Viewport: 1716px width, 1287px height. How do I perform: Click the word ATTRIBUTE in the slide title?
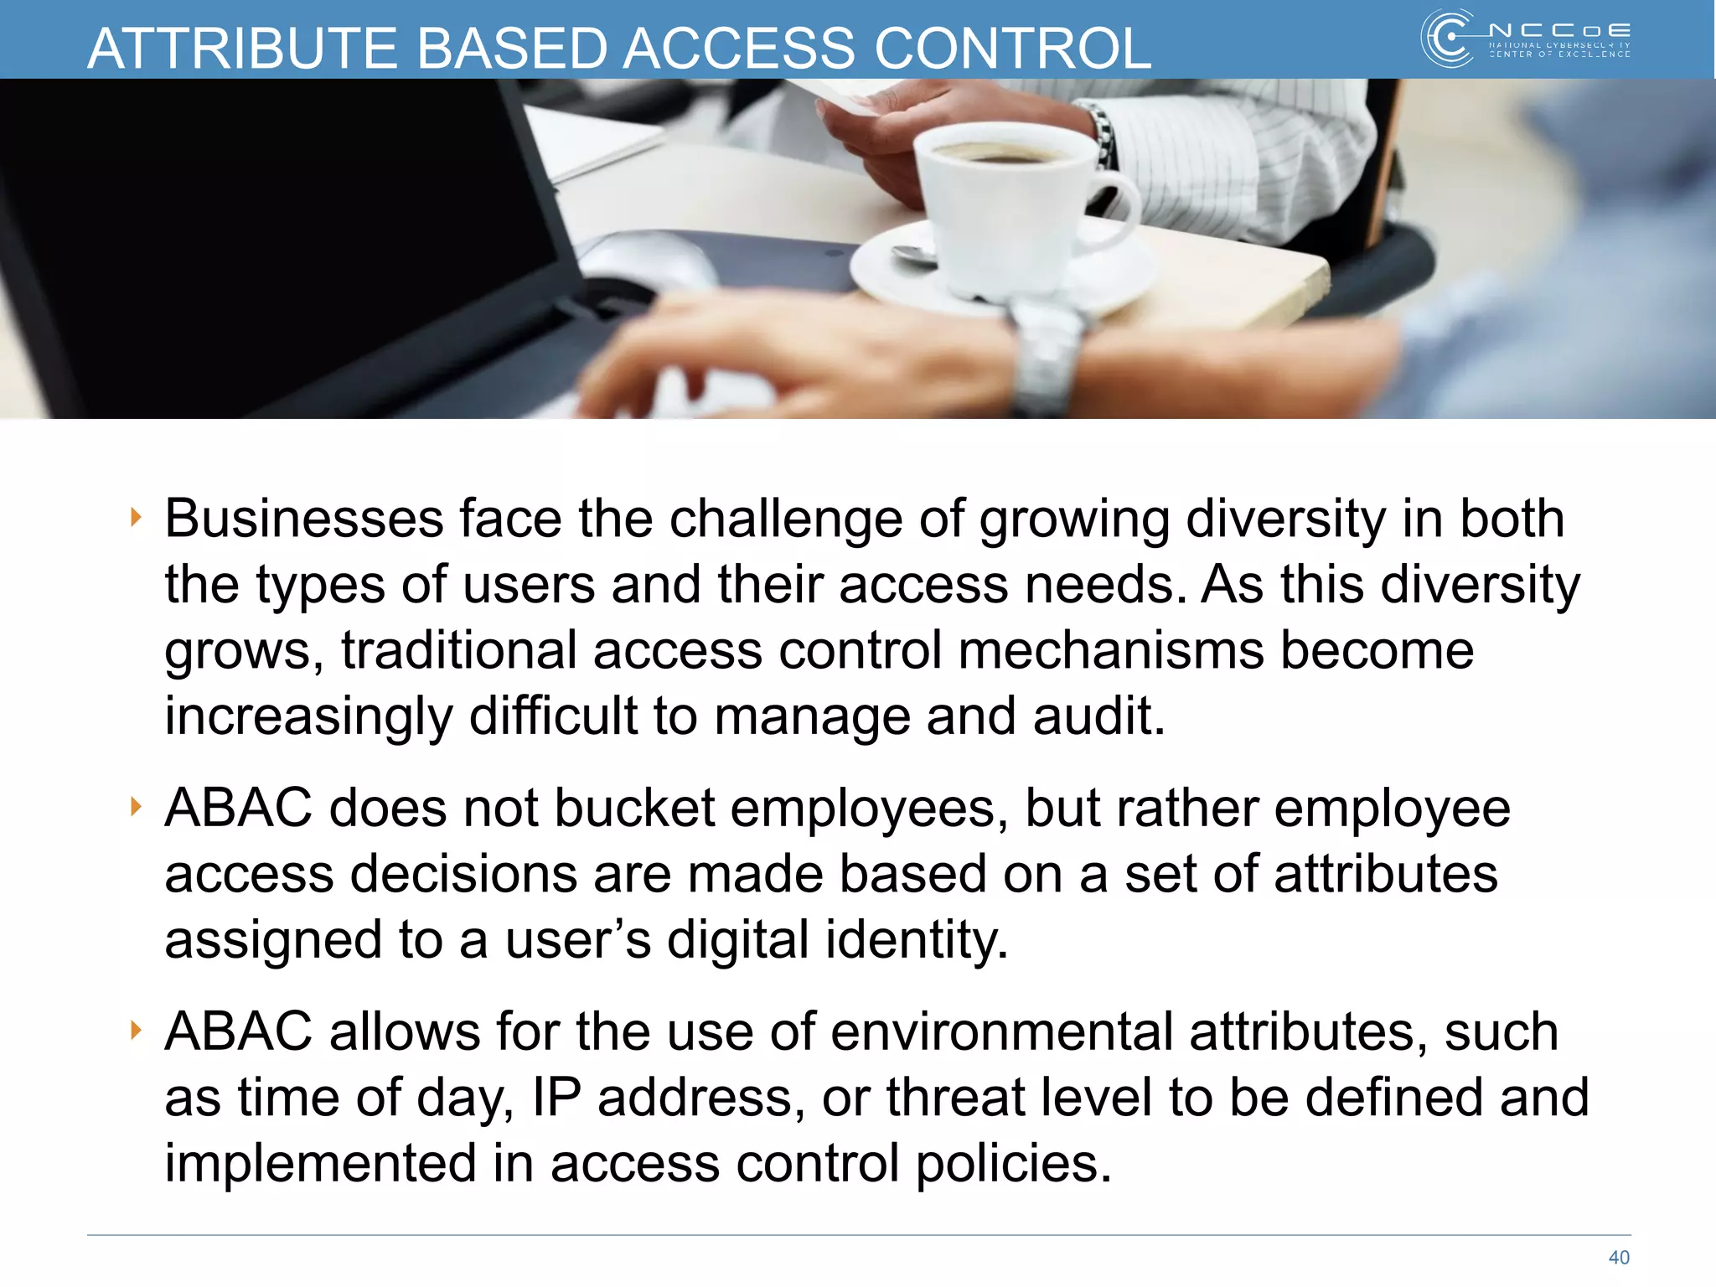[243, 48]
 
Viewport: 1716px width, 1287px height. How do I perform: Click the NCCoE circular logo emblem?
[1447, 38]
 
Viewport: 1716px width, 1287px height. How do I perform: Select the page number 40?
[1619, 1257]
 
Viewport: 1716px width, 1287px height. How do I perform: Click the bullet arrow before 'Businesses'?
[136, 518]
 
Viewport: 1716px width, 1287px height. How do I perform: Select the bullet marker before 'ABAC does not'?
[136, 807]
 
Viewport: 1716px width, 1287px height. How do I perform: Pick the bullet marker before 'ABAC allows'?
[136, 1030]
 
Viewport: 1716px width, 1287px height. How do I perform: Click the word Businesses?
[303, 519]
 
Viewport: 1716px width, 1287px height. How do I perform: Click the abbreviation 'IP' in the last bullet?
[556, 1097]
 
